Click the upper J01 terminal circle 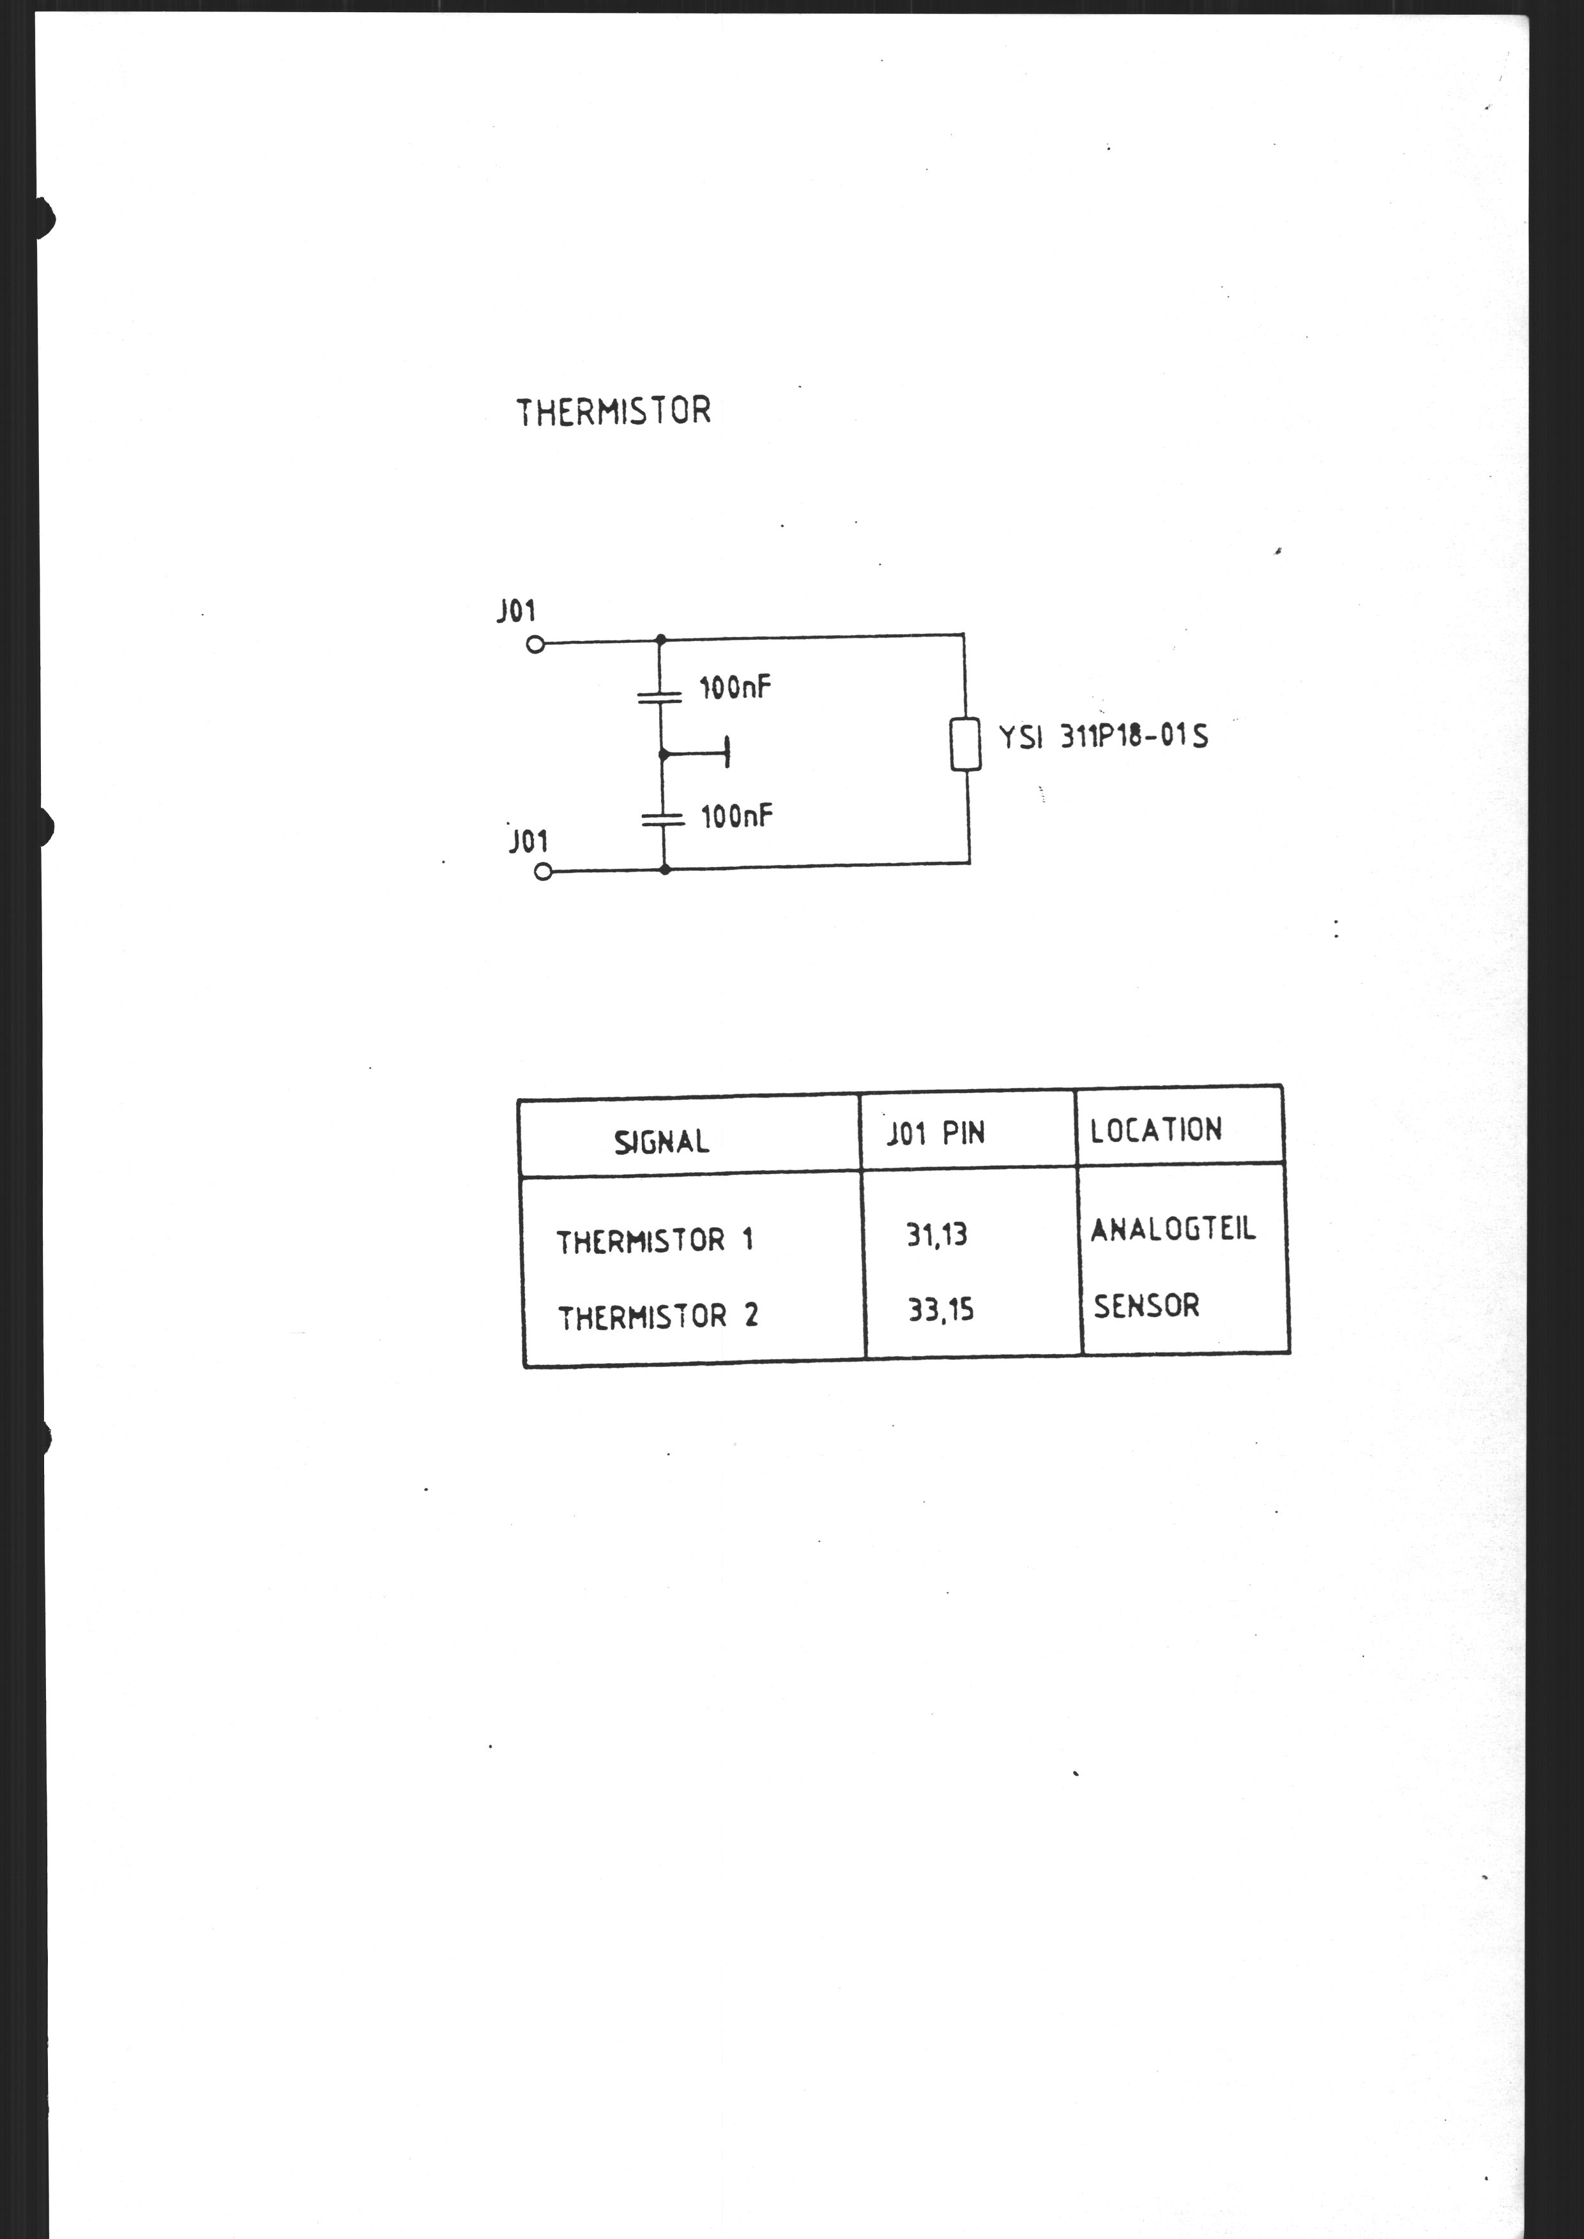(535, 645)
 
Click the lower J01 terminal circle (544, 873)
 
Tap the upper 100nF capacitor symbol (660, 697)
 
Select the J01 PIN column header (935, 1134)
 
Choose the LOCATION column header (1156, 1130)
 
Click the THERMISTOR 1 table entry (655, 1241)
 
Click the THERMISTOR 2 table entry (657, 1318)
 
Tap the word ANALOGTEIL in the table (1173, 1230)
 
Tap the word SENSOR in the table (1146, 1306)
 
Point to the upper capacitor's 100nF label (735, 688)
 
